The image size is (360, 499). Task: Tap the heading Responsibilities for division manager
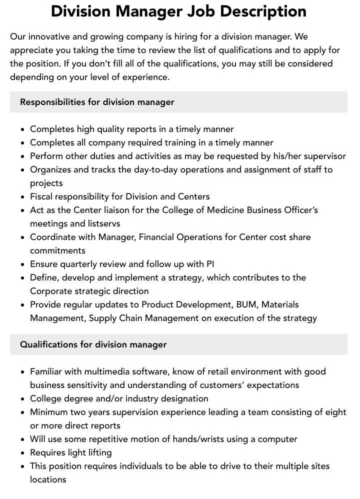(97, 102)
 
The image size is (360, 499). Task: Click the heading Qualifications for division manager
(93, 344)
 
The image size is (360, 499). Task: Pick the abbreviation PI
(210, 264)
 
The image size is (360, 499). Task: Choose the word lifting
(98, 452)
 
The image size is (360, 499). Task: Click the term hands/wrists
(199, 439)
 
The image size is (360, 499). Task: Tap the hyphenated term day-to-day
(156, 169)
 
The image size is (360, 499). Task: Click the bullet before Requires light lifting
(23, 453)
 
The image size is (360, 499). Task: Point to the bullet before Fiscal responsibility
(23, 197)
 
